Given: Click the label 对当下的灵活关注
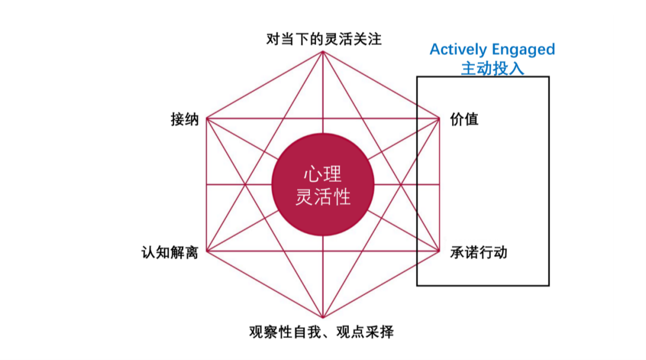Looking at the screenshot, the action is click(x=324, y=39).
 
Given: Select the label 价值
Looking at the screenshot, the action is click(x=464, y=119).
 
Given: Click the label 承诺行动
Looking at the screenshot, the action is click(x=479, y=252).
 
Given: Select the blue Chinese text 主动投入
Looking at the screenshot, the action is click(x=492, y=68).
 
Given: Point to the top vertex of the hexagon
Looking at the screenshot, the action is click(x=323, y=51).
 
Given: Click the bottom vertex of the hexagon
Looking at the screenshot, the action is click(x=323, y=318).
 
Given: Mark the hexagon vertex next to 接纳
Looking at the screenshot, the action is click(x=206, y=118).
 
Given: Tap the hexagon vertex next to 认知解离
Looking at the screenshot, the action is click(x=206, y=251).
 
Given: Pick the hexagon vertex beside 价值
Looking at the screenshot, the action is click(x=440, y=118).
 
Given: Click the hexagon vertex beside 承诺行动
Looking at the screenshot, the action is click(x=440, y=251).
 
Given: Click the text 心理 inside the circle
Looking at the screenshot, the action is click(x=323, y=174).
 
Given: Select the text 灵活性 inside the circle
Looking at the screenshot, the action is click(x=323, y=196).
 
